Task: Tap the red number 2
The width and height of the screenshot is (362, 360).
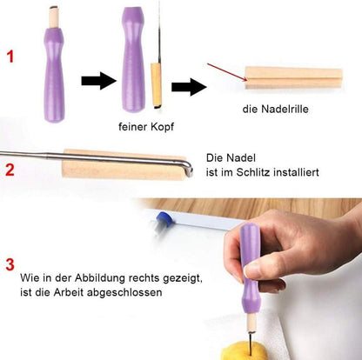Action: (11, 169)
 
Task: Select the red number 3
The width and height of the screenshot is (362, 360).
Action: (10, 263)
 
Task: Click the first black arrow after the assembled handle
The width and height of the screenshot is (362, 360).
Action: (98, 81)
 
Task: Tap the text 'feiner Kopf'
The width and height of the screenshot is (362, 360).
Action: (145, 126)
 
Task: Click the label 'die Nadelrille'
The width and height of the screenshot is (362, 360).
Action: (276, 110)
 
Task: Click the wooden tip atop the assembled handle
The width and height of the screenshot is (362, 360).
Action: (53, 16)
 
